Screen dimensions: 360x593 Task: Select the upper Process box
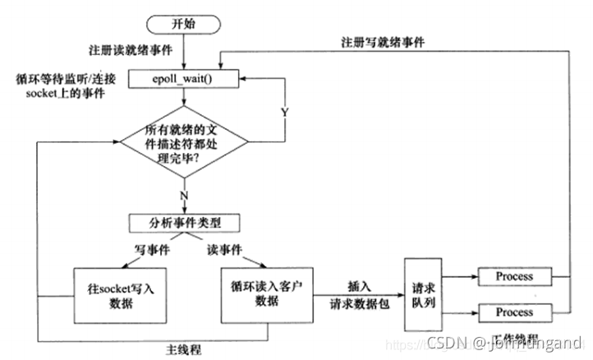514,277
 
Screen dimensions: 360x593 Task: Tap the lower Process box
514,312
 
